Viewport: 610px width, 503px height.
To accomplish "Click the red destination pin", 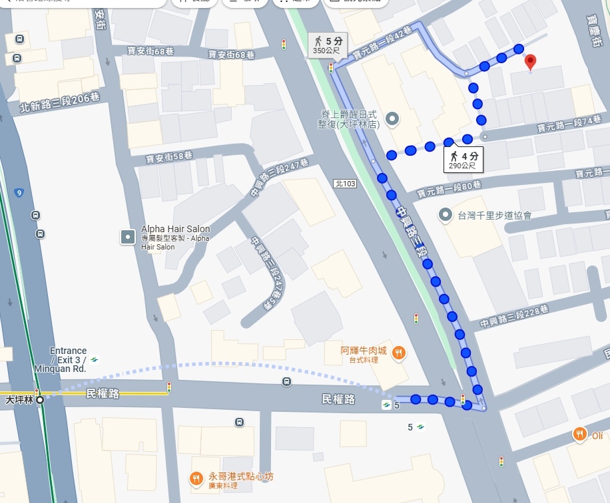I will pyautogui.click(x=530, y=63).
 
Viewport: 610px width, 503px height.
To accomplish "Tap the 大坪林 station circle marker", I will pyautogui.click(x=40, y=400).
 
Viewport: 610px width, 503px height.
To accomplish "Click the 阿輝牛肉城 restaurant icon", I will pyautogui.click(x=398, y=353).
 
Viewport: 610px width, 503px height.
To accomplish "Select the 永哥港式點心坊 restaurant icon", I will pyautogui.click(x=196, y=478).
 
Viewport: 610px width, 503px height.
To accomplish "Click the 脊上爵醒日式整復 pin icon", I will pyautogui.click(x=393, y=120).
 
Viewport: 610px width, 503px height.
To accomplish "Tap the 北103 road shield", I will pyautogui.click(x=345, y=183).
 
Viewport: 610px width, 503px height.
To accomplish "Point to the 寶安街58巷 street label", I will pyautogui.click(x=169, y=157).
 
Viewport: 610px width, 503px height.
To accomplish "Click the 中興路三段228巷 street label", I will pyautogui.click(x=513, y=317).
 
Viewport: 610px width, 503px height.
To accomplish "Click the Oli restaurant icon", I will pyautogui.click(x=580, y=434).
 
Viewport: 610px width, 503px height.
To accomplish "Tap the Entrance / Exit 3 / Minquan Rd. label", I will pyautogui.click(x=68, y=359).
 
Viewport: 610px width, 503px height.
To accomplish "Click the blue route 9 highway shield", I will pyautogui.click(x=19, y=193).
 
